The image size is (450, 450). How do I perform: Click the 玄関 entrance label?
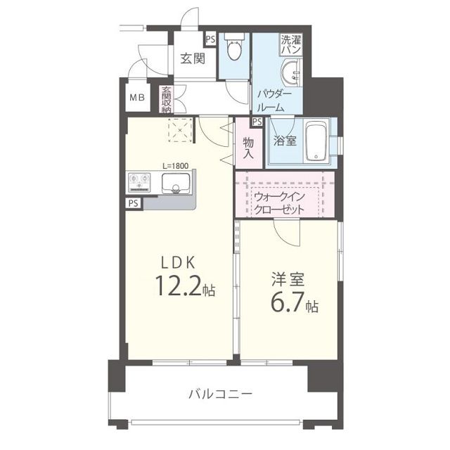point(192,58)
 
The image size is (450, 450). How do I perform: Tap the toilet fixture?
point(235,49)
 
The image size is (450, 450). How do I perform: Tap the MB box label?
point(136,98)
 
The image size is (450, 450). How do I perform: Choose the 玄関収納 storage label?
point(167,99)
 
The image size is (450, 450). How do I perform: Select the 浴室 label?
point(285,140)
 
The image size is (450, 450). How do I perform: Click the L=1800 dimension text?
point(174,166)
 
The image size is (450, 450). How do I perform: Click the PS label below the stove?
point(133,203)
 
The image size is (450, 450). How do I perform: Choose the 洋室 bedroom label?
point(288,278)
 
